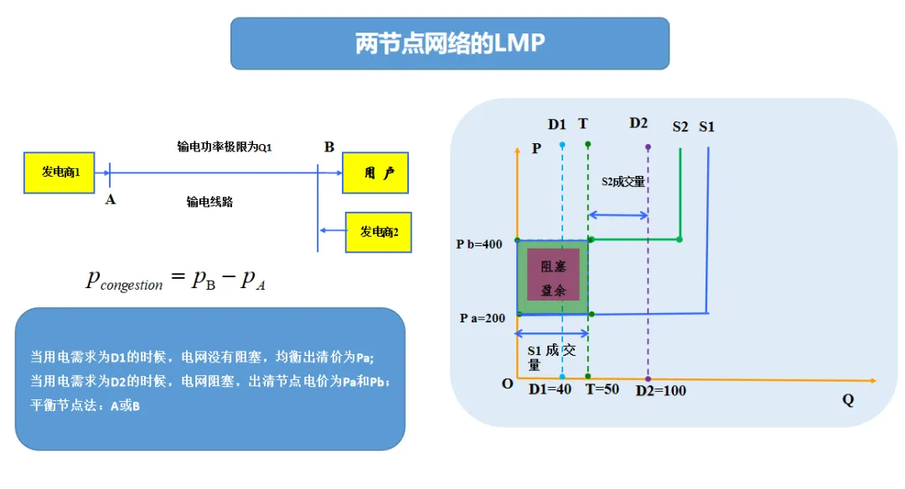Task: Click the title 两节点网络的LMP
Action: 450,44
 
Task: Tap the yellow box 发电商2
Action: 379,232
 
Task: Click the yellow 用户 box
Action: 378,173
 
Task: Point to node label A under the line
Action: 111,199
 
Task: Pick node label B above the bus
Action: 329,147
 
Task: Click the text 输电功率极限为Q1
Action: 225,147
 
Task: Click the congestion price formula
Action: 176,280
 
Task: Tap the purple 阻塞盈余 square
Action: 553,275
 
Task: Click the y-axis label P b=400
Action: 478,244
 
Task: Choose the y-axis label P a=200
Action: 481,318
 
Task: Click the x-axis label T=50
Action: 602,389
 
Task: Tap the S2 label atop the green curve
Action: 680,126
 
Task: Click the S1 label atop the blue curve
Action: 706,126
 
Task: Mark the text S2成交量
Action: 623,181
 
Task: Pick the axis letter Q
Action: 848,399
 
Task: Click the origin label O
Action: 507,383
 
